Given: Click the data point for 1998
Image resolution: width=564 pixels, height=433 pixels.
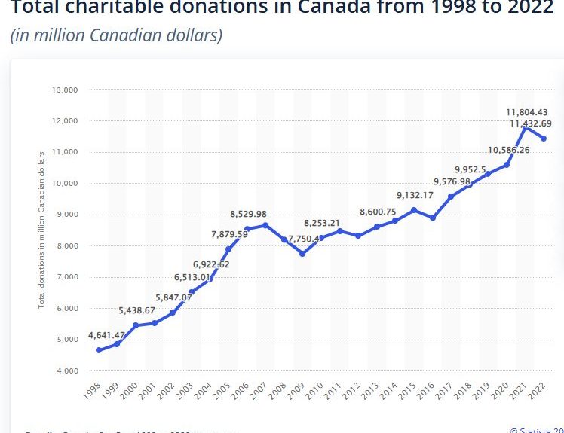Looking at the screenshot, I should tap(99, 350).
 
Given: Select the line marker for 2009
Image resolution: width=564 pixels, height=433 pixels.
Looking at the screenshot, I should tap(302, 254).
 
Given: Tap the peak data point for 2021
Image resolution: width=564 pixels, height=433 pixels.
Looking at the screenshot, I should tap(525, 129).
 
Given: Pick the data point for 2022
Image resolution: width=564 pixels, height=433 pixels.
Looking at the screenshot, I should tap(544, 139).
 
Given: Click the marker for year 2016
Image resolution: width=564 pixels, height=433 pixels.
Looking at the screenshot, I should tap(432, 218).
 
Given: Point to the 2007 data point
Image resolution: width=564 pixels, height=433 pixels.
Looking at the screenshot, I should tap(265, 225).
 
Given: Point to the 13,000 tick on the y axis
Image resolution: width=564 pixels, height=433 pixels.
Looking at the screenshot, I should tap(64, 90).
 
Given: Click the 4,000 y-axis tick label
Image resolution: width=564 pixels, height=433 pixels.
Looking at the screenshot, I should tap(66, 370).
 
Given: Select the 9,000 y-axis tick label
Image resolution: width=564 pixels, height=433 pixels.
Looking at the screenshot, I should tap(66, 215).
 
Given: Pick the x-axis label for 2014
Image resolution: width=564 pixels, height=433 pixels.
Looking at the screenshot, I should tap(390, 393).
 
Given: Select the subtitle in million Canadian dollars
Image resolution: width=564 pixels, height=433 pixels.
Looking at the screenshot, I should tap(116, 35).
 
